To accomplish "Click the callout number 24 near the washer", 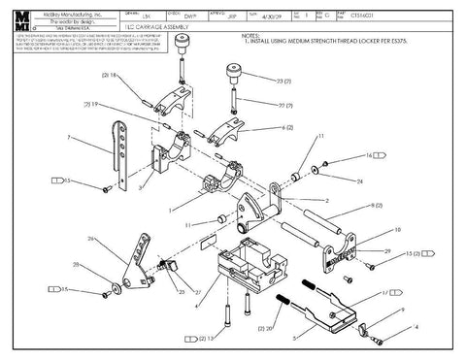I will (360, 180).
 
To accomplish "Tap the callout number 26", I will (91, 238).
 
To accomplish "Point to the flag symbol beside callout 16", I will (380, 153).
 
